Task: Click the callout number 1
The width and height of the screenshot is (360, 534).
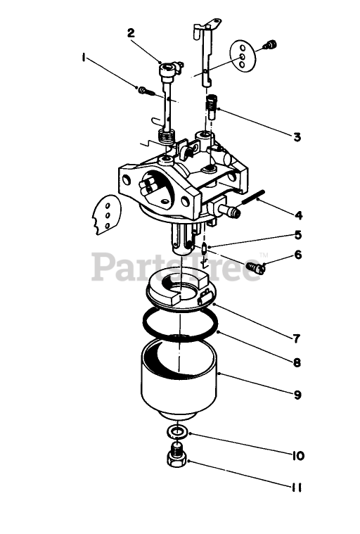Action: pyautogui.click(x=84, y=58)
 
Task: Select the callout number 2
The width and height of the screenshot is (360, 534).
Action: pyautogui.click(x=131, y=33)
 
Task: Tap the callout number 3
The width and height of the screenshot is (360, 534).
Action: pyautogui.click(x=297, y=137)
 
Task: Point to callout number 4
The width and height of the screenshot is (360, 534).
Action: pyautogui.click(x=298, y=215)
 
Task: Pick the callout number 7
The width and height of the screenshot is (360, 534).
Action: pyautogui.click(x=297, y=338)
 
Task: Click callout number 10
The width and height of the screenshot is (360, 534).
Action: pyautogui.click(x=297, y=456)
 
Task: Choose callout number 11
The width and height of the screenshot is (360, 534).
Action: pyautogui.click(x=297, y=488)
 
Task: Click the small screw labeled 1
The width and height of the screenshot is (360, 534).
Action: pyautogui.click(x=146, y=91)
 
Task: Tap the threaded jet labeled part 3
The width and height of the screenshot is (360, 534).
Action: pyautogui.click(x=211, y=107)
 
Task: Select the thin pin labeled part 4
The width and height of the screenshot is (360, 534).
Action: pyautogui.click(x=254, y=198)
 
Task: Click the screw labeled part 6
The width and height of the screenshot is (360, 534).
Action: pyautogui.click(x=255, y=267)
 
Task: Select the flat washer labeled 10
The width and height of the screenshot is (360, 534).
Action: pyautogui.click(x=177, y=433)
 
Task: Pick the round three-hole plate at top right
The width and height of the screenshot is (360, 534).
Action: pyautogui.click(x=243, y=56)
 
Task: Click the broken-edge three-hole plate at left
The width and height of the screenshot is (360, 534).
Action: pyautogui.click(x=106, y=215)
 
